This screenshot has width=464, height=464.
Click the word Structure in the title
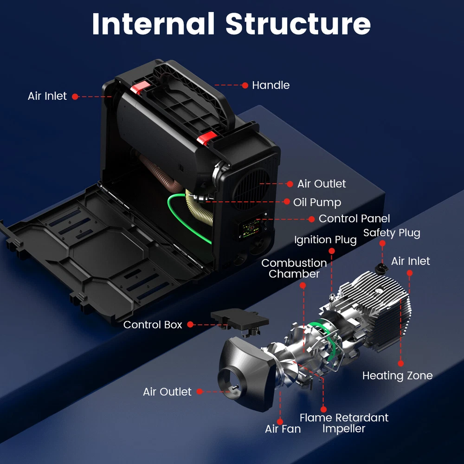(298, 24)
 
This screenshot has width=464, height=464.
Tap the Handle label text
(271, 85)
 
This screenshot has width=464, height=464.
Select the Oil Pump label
(317, 202)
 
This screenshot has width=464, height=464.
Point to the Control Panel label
(354, 219)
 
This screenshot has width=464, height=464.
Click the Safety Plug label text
(392, 233)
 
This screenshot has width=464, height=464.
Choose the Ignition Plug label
(325, 240)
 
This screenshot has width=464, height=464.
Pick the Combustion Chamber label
(294, 268)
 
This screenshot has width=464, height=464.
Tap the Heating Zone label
(397, 375)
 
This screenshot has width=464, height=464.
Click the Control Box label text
(153, 325)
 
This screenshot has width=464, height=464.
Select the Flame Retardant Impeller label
(344, 423)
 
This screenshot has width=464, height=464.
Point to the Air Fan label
(283, 429)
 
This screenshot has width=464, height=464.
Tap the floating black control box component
(240, 320)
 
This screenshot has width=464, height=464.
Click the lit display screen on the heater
(249, 228)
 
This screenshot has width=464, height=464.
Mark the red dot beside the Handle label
(245, 85)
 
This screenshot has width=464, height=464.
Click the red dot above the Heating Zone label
(401, 363)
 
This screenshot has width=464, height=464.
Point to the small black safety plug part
(382, 267)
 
